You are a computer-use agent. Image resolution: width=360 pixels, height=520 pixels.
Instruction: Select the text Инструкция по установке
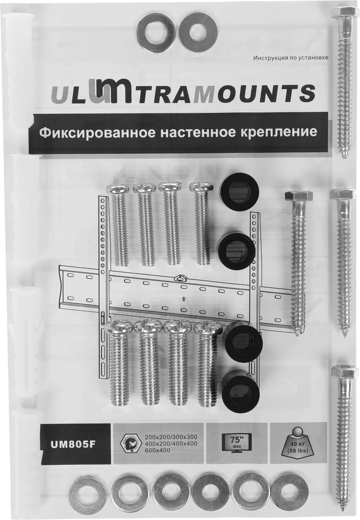click(291, 57)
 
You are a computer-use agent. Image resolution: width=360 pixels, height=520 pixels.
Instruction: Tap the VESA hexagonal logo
click(130, 443)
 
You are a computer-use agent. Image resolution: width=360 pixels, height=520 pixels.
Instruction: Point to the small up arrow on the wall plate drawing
click(183, 298)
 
